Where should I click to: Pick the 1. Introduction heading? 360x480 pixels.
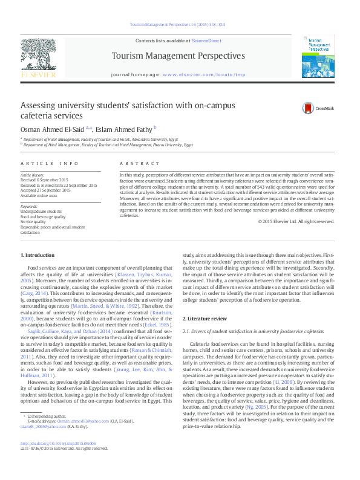coord(39,256)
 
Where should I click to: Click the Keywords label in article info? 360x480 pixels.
coord(30,207)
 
